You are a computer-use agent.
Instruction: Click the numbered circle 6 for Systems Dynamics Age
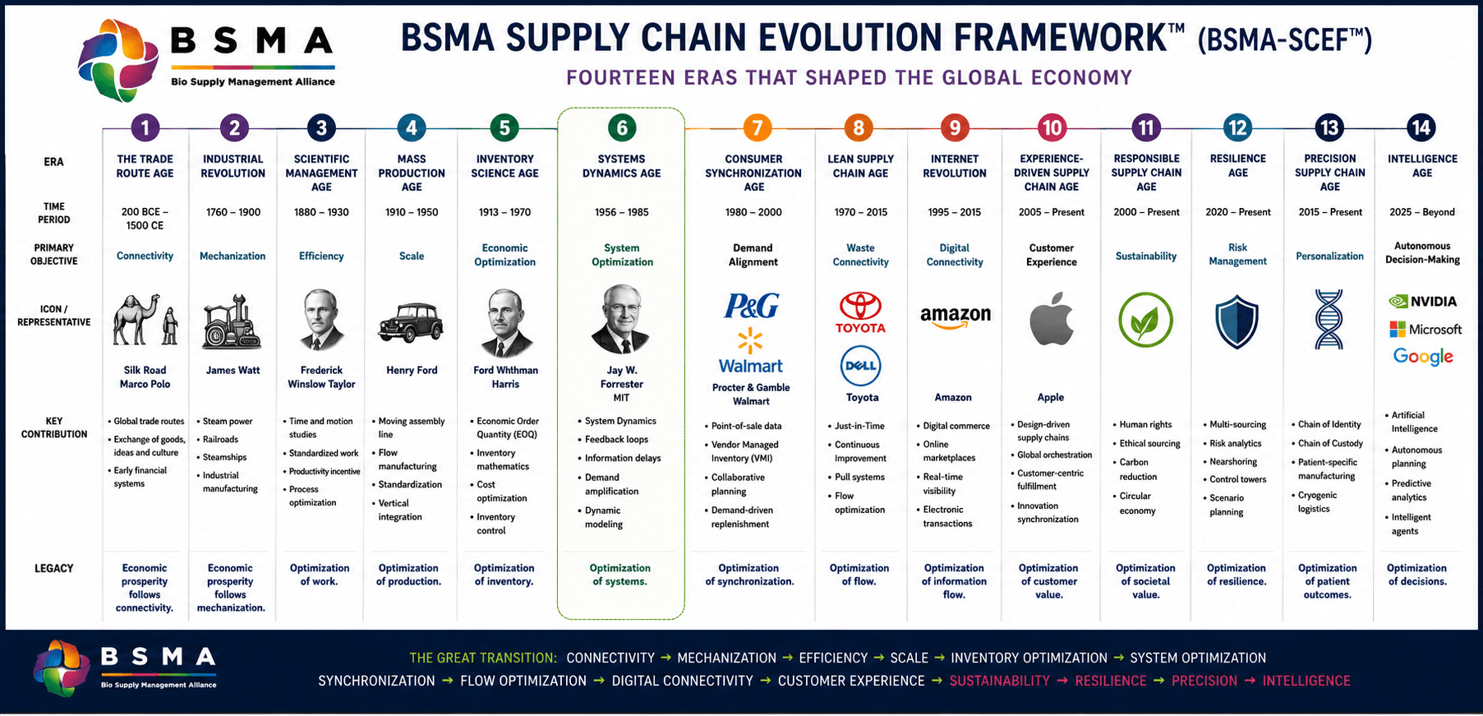click(622, 128)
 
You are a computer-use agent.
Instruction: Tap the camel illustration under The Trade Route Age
click(136, 319)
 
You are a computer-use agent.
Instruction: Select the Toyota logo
click(860, 312)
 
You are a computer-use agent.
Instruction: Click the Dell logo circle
click(860, 366)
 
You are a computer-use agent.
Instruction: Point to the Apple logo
click(1052, 318)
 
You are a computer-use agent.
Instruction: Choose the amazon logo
click(955, 316)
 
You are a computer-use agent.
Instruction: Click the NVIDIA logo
click(1422, 302)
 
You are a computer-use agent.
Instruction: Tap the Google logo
click(1423, 357)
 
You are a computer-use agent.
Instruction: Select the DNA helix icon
click(1329, 320)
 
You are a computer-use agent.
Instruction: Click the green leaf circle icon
click(1145, 320)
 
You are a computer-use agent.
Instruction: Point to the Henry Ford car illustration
click(411, 322)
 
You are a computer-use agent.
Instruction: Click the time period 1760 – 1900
click(233, 212)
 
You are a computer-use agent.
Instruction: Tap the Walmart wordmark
click(751, 366)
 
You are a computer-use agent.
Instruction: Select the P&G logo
click(751, 306)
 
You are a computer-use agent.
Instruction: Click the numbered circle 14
click(1421, 127)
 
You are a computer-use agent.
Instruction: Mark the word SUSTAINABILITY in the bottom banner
click(999, 681)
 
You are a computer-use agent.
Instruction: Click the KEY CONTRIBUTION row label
click(54, 427)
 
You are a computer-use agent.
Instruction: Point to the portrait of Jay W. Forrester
click(621, 320)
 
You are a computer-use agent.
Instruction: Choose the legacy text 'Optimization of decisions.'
click(1417, 575)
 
